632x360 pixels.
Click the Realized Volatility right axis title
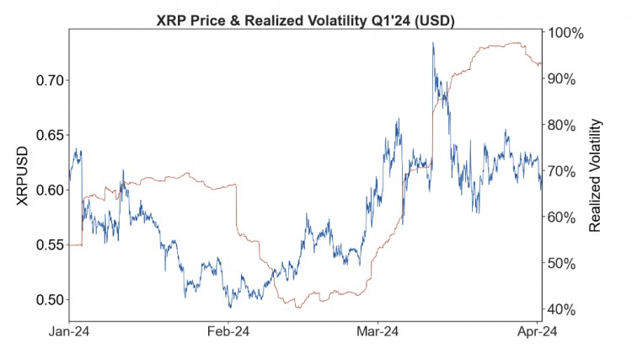(x=595, y=175)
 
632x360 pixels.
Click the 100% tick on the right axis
(x=565, y=33)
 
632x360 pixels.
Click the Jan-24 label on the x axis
(x=69, y=333)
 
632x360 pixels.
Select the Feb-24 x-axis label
(x=229, y=333)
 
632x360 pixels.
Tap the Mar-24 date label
(x=378, y=333)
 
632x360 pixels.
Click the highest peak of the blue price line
(x=433, y=43)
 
